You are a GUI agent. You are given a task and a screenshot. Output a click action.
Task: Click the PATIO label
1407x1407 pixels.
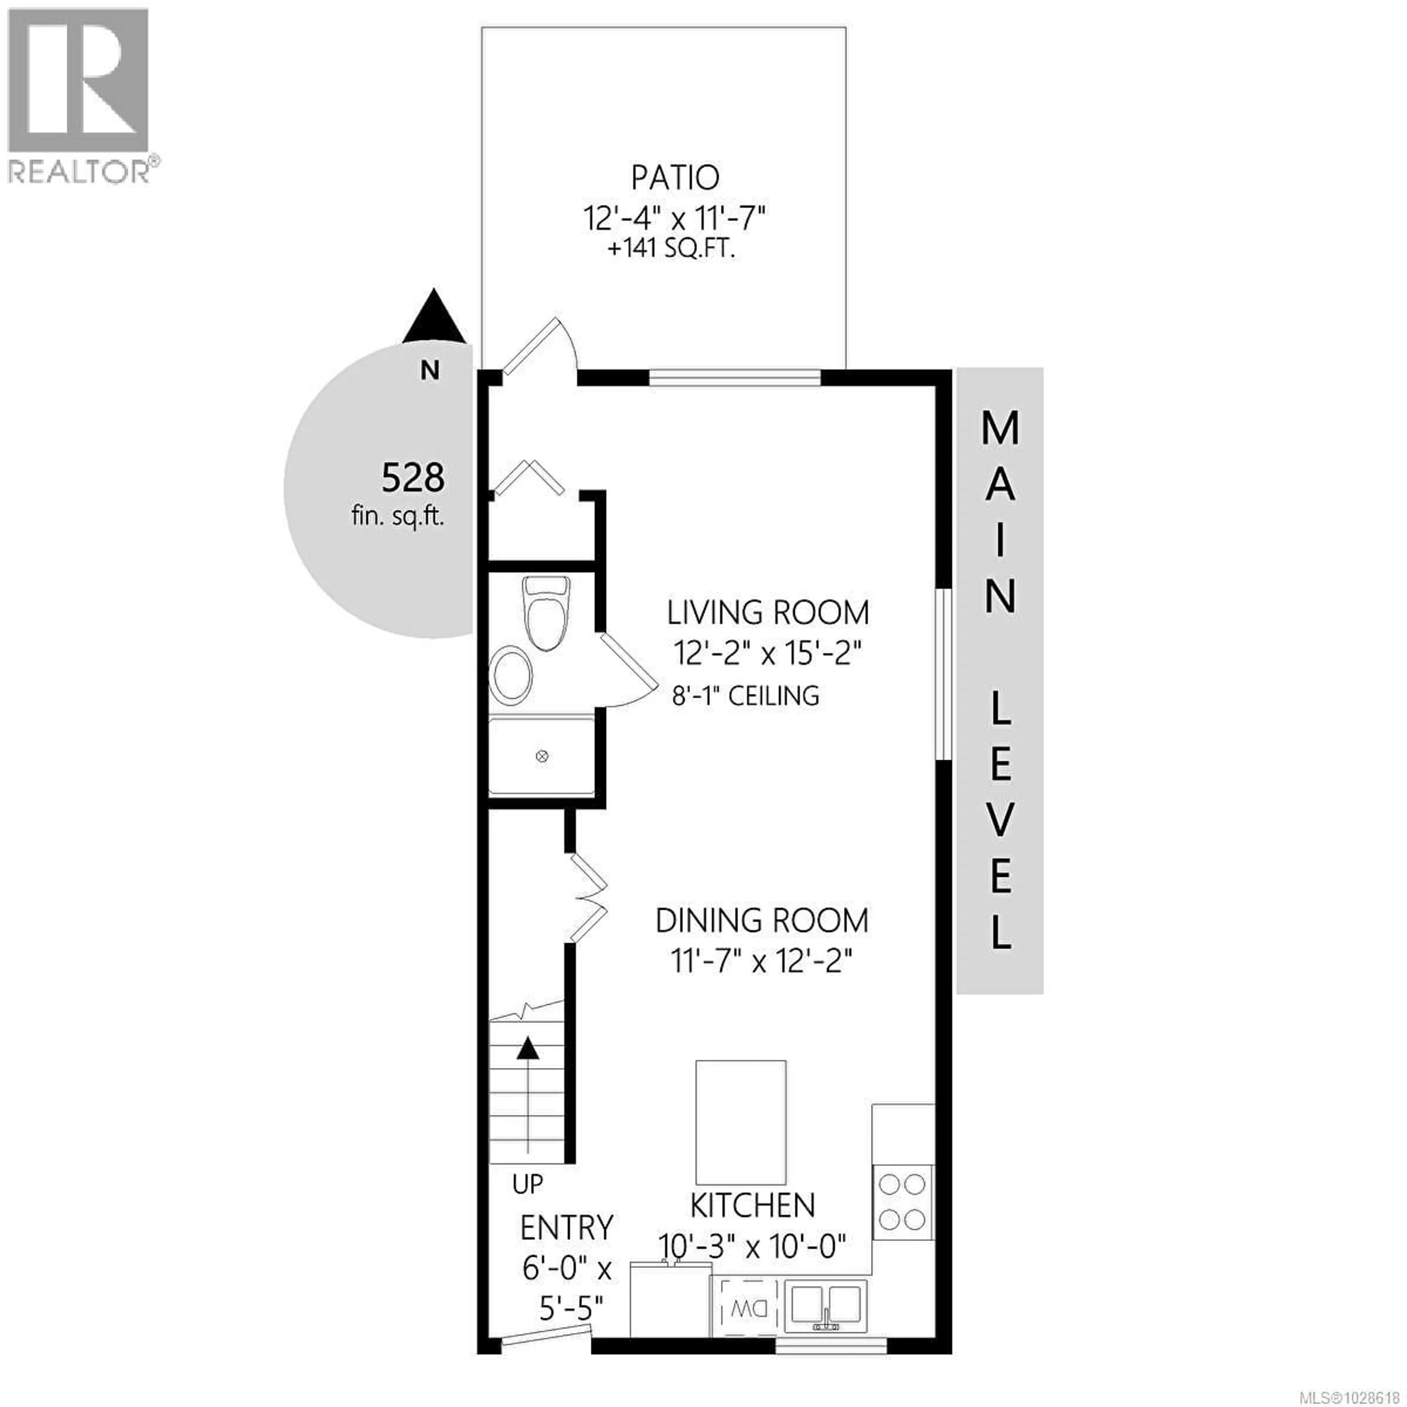(x=675, y=178)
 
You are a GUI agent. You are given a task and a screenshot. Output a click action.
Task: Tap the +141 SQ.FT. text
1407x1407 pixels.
(x=671, y=251)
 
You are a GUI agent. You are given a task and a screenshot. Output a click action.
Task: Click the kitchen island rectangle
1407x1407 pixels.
(x=741, y=1122)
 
